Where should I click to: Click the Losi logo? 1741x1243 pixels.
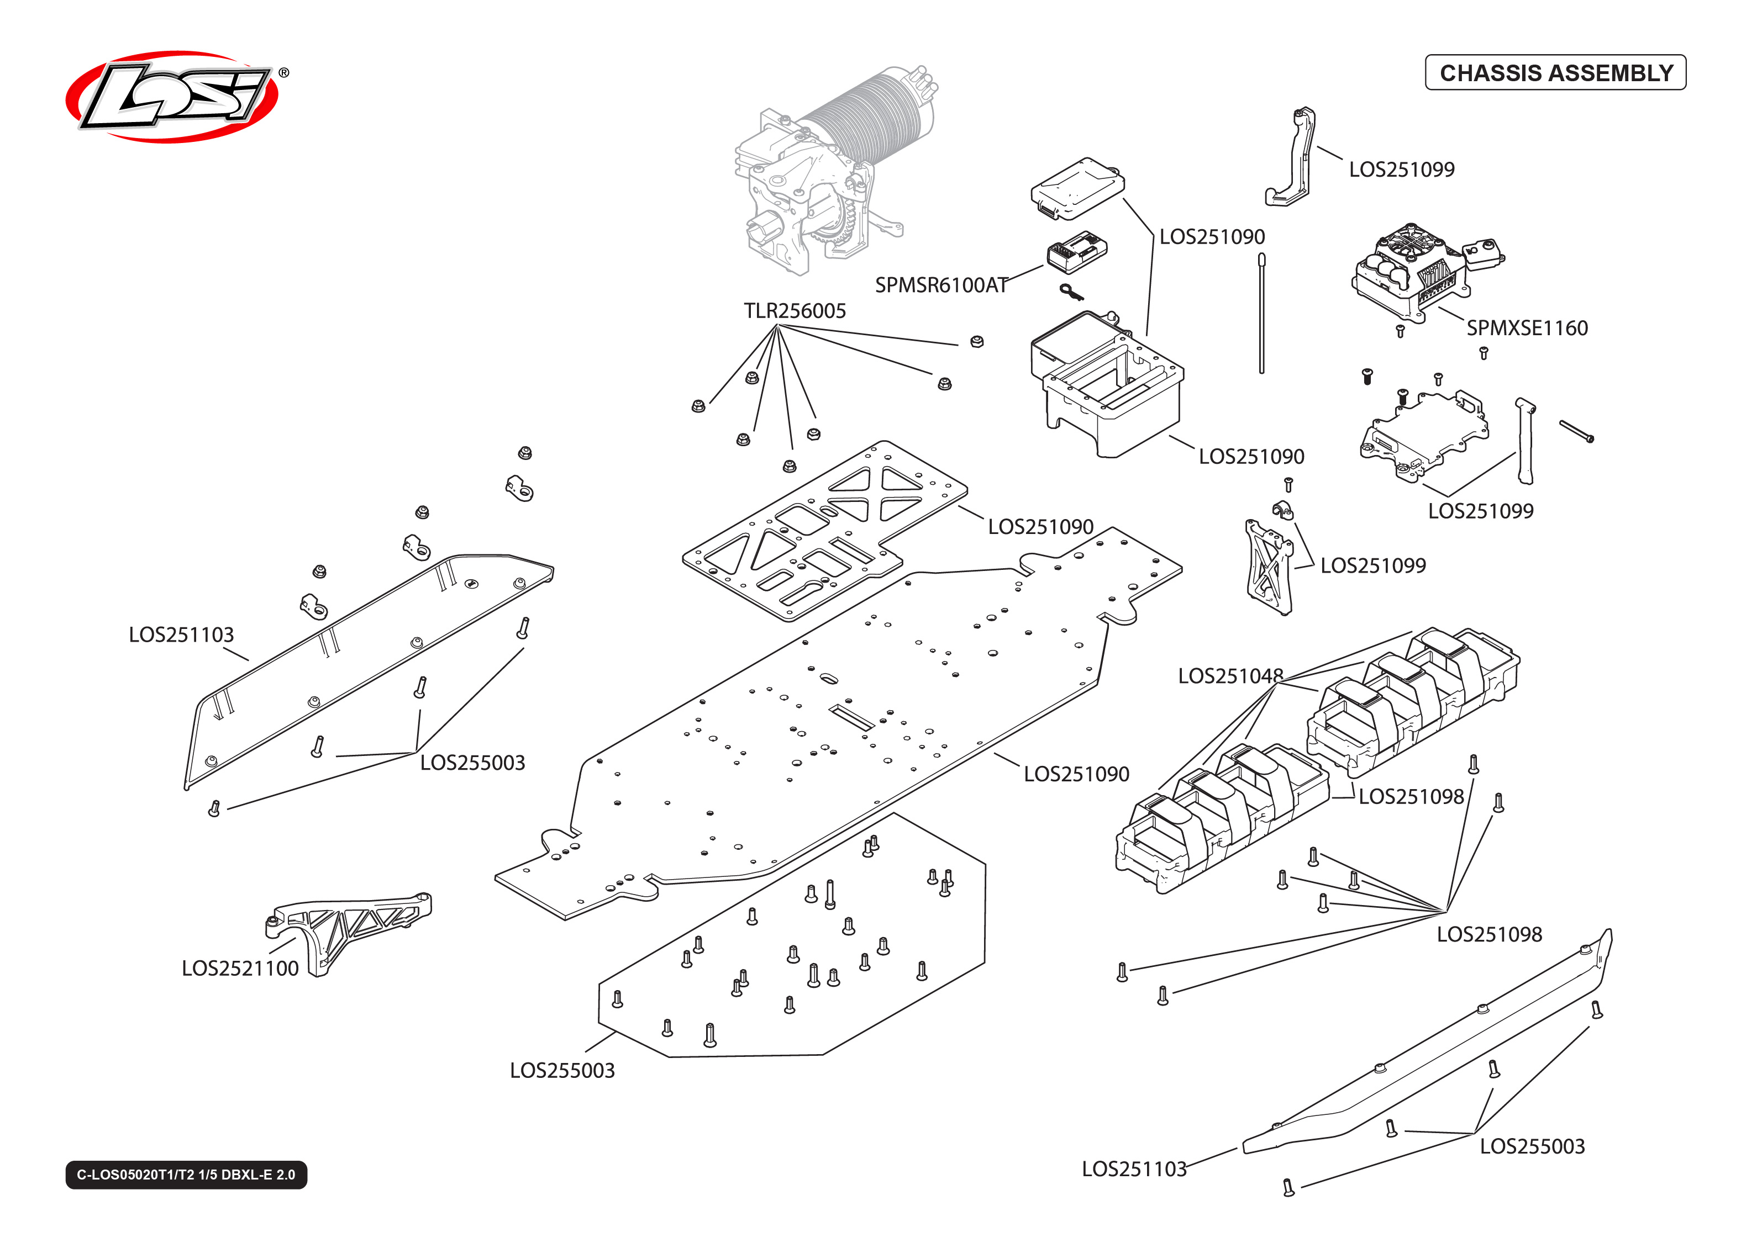click(172, 97)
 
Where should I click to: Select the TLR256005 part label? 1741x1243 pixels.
click(795, 311)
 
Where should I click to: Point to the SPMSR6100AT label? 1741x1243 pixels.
click(941, 285)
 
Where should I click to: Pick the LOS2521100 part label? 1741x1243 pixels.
click(240, 968)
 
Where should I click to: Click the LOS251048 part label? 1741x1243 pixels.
click(1229, 676)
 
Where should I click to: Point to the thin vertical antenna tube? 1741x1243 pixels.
click(1262, 314)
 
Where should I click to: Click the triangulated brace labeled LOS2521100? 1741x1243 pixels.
click(348, 925)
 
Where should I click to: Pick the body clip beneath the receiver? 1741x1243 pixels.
click(1070, 292)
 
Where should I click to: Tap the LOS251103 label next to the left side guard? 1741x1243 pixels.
click(181, 634)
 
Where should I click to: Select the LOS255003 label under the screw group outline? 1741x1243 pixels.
click(562, 1070)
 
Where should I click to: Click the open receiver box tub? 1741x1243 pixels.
click(1106, 387)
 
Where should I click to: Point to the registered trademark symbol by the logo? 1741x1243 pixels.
click(283, 73)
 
